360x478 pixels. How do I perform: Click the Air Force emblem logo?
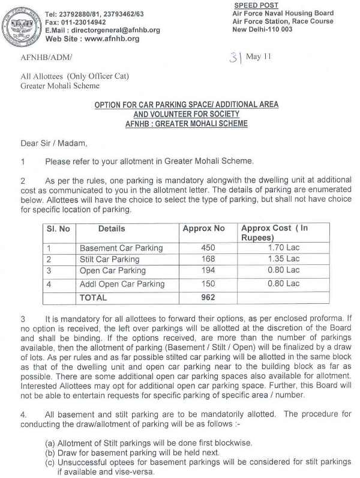(x=23, y=25)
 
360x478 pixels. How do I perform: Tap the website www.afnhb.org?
(x=109, y=38)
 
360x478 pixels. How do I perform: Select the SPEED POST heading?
(x=253, y=5)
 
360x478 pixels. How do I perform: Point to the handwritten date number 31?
(x=233, y=57)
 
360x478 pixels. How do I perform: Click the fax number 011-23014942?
(x=89, y=22)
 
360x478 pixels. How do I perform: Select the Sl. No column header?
(x=58, y=229)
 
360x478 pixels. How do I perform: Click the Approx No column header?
(x=203, y=229)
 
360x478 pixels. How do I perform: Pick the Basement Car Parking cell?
(x=121, y=248)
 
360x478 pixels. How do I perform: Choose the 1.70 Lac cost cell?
(x=284, y=247)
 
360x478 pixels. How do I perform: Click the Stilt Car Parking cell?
(x=109, y=259)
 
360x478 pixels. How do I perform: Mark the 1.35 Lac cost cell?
(x=284, y=259)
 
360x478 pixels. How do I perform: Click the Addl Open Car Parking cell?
(x=122, y=283)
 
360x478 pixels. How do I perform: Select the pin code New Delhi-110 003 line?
(x=262, y=29)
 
